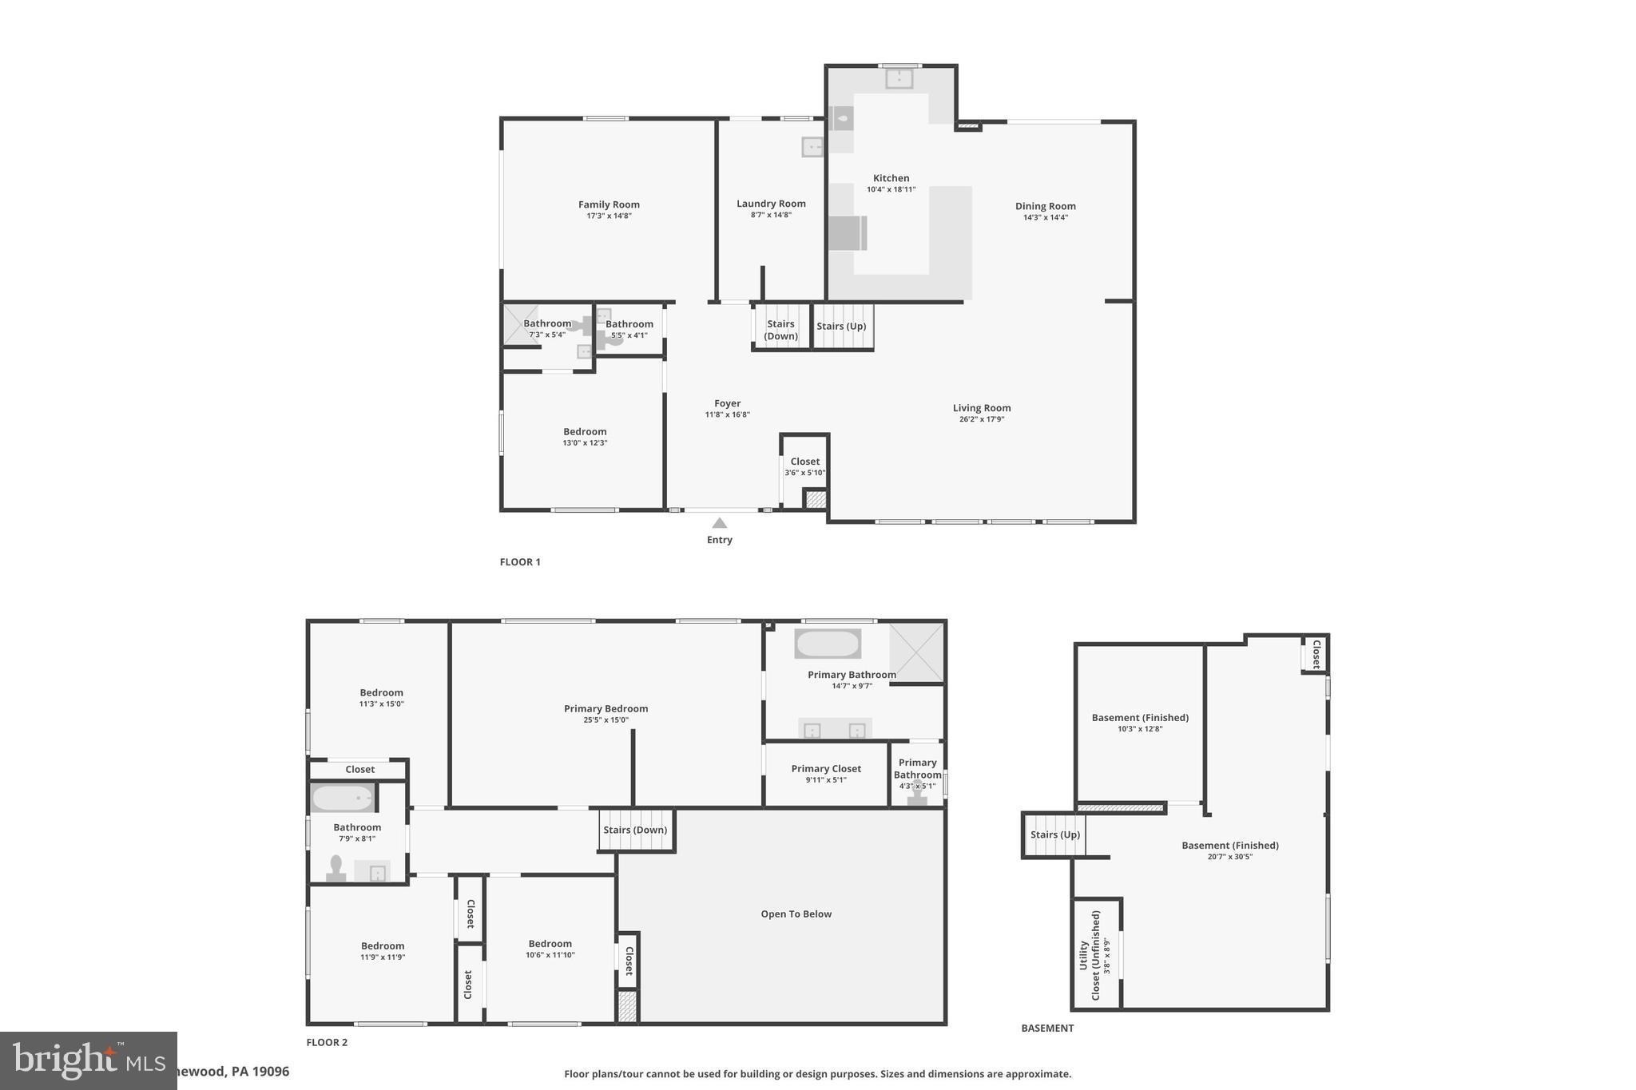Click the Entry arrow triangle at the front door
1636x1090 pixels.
tap(720, 523)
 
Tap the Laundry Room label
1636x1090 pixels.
tap(771, 204)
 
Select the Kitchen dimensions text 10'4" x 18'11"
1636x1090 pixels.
tap(891, 190)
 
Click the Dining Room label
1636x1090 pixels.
tap(1045, 206)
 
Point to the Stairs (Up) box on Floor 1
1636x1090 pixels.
tap(842, 326)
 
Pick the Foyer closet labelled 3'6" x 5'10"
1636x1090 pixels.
tap(804, 467)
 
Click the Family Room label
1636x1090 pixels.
tap(609, 204)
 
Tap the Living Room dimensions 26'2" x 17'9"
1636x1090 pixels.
tap(981, 419)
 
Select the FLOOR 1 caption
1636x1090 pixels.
tap(520, 562)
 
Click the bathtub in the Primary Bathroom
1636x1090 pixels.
tap(828, 644)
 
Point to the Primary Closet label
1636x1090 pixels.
tap(826, 769)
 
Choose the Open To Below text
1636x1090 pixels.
tap(796, 914)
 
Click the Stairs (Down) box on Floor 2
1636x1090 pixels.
tap(636, 830)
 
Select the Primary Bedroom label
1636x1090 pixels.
tap(606, 708)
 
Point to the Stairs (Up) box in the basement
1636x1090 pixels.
tap(1054, 835)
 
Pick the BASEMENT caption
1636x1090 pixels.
tap(1047, 1029)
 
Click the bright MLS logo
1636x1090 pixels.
tap(88, 1060)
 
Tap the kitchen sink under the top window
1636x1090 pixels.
tap(899, 78)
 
